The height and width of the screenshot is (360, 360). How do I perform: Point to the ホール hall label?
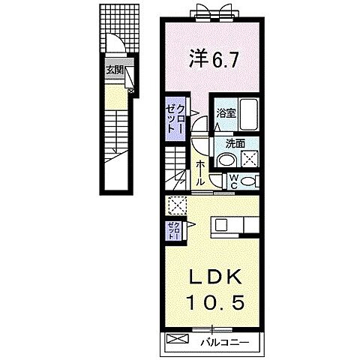201,173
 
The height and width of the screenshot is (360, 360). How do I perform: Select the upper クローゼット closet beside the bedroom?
173,118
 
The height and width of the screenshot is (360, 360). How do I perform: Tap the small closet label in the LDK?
172,229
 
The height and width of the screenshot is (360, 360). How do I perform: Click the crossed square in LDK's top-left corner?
178,205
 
